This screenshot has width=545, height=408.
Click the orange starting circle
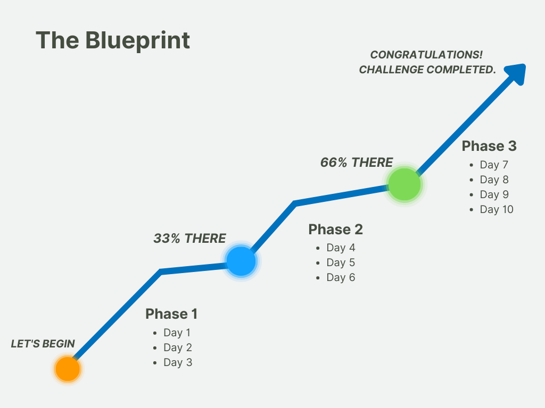68,369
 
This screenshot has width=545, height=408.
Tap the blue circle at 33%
241,261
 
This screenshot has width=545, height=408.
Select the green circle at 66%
404,184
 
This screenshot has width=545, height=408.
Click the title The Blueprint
113,40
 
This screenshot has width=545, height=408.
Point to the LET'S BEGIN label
43,344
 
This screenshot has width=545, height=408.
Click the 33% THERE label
189,239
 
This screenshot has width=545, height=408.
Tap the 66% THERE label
356,163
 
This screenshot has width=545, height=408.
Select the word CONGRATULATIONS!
426,55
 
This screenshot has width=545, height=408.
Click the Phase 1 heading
171,314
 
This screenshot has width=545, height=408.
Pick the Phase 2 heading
335,229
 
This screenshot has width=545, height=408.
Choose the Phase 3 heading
489,146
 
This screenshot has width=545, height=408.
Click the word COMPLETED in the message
461,70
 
